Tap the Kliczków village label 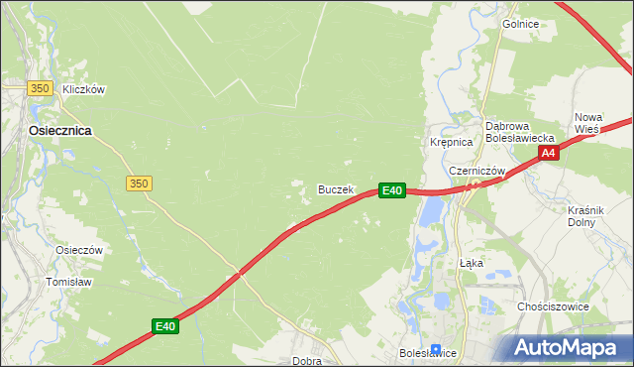pyautogui.click(x=83, y=89)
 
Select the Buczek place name pyautogui.click(x=335, y=189)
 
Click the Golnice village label pyautogui.click(x=520, y=24)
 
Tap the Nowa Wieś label pyautogui.click(x=588, y=123)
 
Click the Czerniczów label pyautogui.click(x=477, y=171)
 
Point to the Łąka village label pyautogui.click(x=472, y=264)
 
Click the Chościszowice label pyautogui.click(x=553, y=306)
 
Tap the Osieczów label pyautogui.click(x=79, y=251)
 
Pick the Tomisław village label pyautogui.click(x=68, y=282)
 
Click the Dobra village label pyautogui.click(x=306, y=361)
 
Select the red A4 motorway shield pyautogui.click(x=549, y=153)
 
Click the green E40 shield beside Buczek pyautogui.click(x=392, y=189)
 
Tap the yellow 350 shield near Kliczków pyautogui.click(x=40, y=88)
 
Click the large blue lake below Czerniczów pyautogui.click(x=430, y=210)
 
